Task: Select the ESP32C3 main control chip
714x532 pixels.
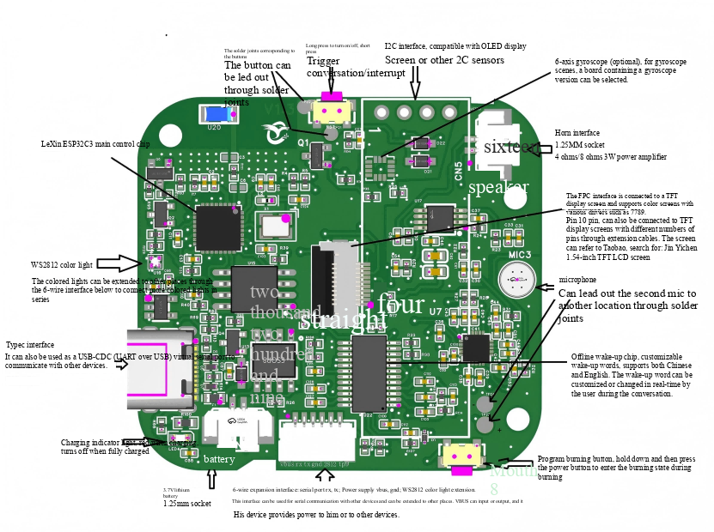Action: coord(218,227)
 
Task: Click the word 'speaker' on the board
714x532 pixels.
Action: coord(498,187)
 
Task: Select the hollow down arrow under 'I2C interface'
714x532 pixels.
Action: coord(414,83)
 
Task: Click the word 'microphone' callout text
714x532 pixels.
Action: coord(577,280)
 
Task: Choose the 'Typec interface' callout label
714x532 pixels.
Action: coord(30,345)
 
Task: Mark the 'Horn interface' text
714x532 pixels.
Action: coord(577,133)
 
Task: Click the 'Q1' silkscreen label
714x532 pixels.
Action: coord(303,142)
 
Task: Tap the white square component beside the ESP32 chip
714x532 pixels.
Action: coord(274,226)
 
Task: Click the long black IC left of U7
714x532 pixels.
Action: coord(369,373)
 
